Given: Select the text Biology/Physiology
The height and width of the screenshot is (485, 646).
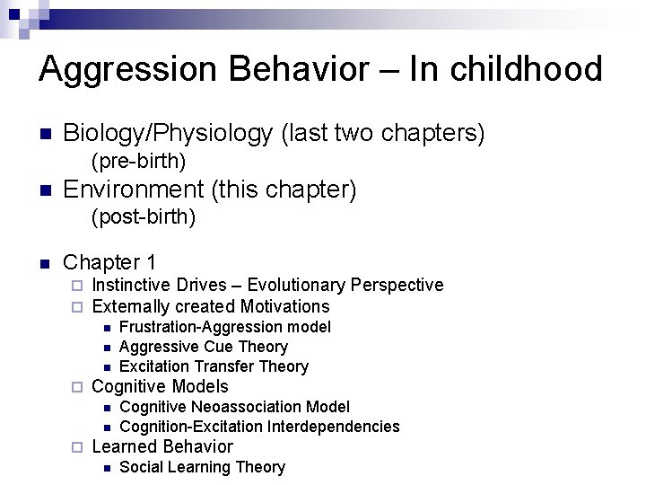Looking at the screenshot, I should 168,134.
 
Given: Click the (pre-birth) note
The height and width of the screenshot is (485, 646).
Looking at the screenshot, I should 138,162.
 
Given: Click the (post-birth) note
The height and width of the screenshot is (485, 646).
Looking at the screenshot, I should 143,217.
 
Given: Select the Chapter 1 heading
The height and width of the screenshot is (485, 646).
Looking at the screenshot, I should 109,262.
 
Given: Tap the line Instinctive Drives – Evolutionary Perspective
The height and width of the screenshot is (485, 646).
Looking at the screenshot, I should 267,285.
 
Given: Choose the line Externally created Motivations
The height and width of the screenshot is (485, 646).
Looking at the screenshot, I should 211,306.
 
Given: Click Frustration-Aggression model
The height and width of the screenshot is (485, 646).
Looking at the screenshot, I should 224,327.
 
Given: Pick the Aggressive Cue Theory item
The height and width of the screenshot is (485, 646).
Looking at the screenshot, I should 203,347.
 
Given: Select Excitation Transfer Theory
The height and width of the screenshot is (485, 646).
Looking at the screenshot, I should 214,366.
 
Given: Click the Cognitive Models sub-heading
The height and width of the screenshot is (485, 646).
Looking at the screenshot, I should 160,387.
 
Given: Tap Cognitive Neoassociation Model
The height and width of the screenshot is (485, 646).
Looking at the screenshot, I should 234,407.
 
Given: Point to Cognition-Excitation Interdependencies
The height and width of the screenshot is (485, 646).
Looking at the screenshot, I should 259,427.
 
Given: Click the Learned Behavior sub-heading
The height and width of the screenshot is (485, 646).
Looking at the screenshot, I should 162,446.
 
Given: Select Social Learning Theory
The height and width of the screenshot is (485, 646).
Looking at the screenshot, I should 202,467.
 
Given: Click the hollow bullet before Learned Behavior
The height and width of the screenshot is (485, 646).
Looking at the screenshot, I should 77,447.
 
